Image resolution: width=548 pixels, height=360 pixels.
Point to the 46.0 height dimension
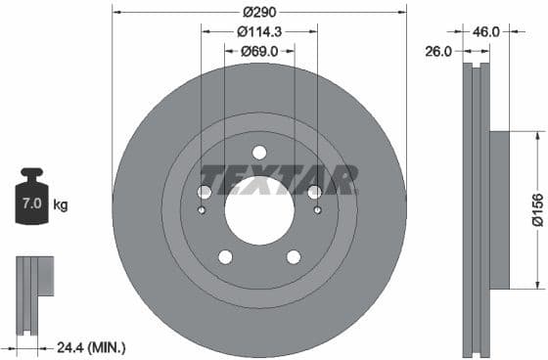point(486,31)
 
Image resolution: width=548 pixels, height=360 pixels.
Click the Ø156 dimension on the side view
point(537,210)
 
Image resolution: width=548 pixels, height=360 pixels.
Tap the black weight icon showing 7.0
point(31,202)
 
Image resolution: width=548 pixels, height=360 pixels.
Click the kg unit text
point(60,205)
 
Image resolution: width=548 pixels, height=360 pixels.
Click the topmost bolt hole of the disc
point(259,153)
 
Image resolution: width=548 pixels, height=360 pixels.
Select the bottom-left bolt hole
point(225,257)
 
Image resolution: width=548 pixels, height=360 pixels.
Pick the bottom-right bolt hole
point(294,257)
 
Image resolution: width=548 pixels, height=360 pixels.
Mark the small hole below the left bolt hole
point(203,208)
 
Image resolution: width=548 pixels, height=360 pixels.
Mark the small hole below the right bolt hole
point(316,208)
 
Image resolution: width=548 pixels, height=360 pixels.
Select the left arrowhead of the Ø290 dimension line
point(116,12)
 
